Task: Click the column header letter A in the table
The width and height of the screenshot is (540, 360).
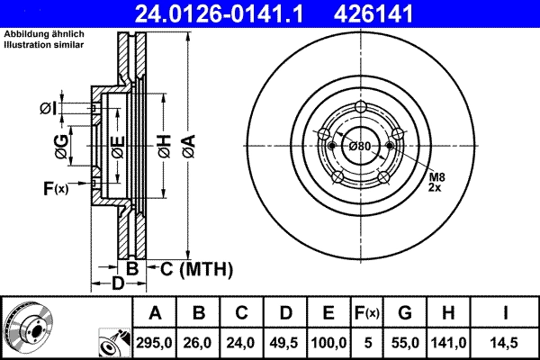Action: click(x=156, y=313)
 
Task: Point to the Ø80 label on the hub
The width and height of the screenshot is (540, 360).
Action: click(x=360, y=146)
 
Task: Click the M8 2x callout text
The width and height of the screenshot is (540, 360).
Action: click(x=436, y=181)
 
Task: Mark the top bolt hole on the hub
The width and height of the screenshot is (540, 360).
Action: click(x=361, y=108)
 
